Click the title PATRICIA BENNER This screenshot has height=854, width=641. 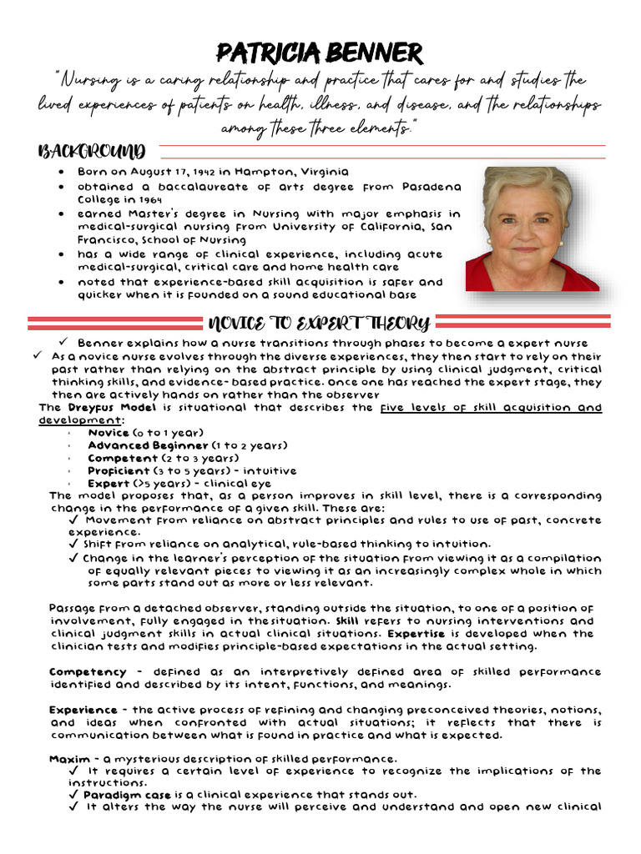click(320, 53)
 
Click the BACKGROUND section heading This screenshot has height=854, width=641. click(92, 152)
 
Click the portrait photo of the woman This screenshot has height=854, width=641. click(532, 229)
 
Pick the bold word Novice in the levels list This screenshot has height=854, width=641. click(109, 433)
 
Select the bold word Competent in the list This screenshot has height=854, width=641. click(123, 458)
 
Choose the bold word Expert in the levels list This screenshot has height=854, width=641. click(109, 483)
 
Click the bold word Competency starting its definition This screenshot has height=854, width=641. click(88, 671)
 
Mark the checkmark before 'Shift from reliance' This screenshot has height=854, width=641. click(74, 544)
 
